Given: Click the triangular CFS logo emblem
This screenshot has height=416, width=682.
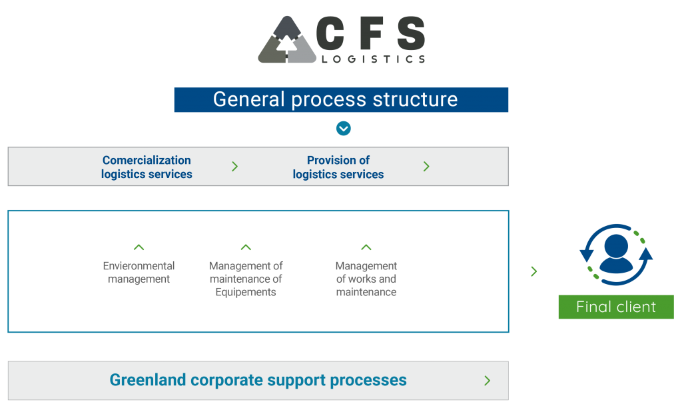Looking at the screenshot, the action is tap(286, 40).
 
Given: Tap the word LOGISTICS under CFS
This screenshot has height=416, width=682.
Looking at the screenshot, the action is tap(373, 59).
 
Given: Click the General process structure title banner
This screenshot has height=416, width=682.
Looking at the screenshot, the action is tap(341, 99).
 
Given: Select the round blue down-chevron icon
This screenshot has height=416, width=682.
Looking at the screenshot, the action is tap(344, 129).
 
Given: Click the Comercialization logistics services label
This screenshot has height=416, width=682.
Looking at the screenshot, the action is tap(147, 167).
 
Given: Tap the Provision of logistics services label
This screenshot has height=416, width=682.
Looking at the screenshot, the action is tap(338, 167).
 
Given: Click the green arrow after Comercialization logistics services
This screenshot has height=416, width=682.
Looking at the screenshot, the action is tap(235, 166).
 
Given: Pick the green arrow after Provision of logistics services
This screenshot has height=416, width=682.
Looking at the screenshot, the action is tap(426, 166).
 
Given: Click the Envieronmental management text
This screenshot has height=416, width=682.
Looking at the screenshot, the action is tap(139, 273).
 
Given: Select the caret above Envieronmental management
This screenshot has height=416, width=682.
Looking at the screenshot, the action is tap(139, 247).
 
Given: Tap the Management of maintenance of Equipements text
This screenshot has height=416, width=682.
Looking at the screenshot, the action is tap(246, 279).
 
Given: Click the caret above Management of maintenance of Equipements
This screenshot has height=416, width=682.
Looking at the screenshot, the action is tap(246, 247).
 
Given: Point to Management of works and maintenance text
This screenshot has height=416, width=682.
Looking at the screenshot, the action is tap(366, 279).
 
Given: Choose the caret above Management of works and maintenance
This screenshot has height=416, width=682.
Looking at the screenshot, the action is tap(366, 247).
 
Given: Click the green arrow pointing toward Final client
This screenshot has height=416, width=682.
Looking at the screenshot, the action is tap(534, 271).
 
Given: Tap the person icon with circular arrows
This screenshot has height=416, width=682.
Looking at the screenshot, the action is tap(616, 255).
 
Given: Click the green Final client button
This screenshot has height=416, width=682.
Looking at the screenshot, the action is tap(616, 307).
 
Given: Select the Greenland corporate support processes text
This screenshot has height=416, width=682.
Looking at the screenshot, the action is tap(258, 380).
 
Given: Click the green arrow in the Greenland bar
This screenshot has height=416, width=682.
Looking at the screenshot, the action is tap(487, 381).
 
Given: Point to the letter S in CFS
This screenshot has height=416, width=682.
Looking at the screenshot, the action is tap(411, 33).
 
